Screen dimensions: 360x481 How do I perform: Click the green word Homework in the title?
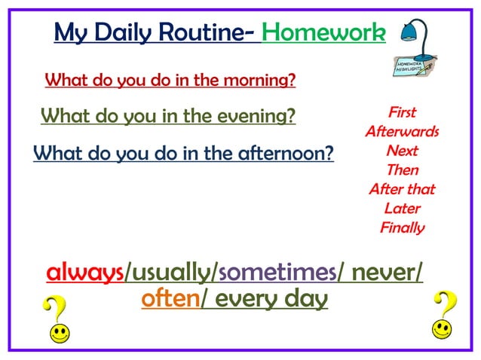(323, 33)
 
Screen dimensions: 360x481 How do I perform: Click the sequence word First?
(402, 113)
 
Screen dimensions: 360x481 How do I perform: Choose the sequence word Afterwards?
(402, 132)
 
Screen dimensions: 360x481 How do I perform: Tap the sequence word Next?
(402, 151)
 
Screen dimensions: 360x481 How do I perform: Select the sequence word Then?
(402, 170)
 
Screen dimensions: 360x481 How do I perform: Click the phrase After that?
(402, 189)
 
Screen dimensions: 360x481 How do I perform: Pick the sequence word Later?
(402, 209)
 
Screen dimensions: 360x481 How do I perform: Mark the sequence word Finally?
(402, 227)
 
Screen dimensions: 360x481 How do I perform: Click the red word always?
(84, 272)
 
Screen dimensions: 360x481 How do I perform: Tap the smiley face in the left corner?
(60, 331)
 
